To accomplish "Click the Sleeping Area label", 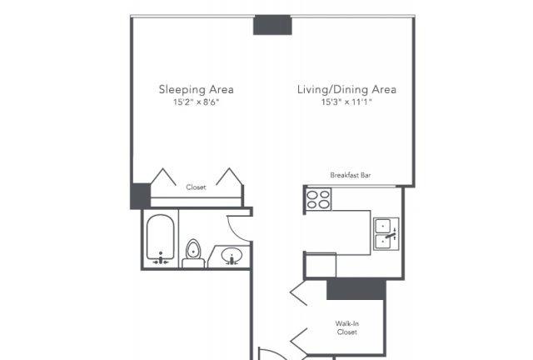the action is coord(197,89).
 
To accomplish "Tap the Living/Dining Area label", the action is coord(346,89).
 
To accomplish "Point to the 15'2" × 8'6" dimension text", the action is coord(197,102).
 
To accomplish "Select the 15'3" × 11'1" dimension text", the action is coord(346,102).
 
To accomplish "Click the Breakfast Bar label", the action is coord(351,175).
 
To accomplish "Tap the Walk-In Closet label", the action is coord(347,327).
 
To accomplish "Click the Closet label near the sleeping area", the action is coord(197,187).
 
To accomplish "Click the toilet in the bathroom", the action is coord(193,254).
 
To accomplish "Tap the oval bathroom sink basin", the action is coord(232,255).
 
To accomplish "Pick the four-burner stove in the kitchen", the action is coord(318,199).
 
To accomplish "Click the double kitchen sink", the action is coord(386,234).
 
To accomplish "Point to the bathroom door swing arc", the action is coord(235,233).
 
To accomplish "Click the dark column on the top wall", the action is coord(272,25).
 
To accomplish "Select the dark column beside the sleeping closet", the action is coord(141,196).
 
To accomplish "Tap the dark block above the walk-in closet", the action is coord(356,289).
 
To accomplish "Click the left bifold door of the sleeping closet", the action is coord(163,177).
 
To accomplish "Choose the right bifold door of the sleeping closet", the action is coord(230,177).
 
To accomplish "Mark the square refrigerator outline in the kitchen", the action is coord(321,265).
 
